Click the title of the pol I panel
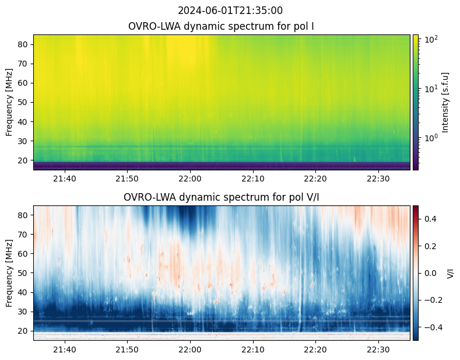222,27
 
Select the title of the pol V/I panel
222,197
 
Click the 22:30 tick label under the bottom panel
378,349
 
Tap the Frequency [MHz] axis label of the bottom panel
9,272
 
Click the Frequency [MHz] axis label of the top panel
9,102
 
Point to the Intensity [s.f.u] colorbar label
446,102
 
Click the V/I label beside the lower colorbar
451,272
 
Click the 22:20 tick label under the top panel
315,179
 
